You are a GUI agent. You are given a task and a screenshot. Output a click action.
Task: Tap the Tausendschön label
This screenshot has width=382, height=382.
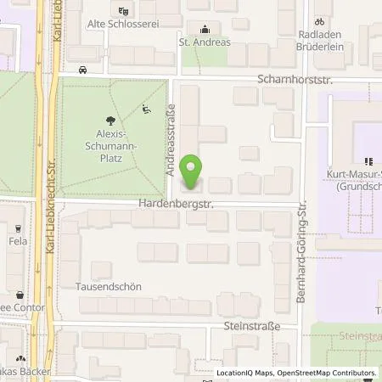109,287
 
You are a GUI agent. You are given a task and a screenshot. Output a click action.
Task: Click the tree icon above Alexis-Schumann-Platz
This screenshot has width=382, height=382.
110,121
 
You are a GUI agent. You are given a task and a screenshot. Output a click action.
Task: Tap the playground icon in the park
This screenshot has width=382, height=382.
146,108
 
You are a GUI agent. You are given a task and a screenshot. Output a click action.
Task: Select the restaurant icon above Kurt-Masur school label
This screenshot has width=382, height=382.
368,161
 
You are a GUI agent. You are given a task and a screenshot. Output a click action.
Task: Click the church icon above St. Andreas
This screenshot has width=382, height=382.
203,26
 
